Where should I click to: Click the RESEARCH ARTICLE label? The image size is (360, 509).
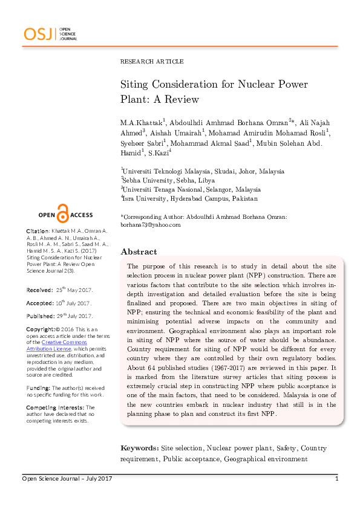[x=152, y=62]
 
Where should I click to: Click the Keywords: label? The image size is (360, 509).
[x=139, y=448]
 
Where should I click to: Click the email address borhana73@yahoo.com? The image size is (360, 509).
[x=151, y=225]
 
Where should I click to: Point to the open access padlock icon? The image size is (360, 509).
[x=63, y=213]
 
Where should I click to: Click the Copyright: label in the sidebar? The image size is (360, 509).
[x=42, y=329]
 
